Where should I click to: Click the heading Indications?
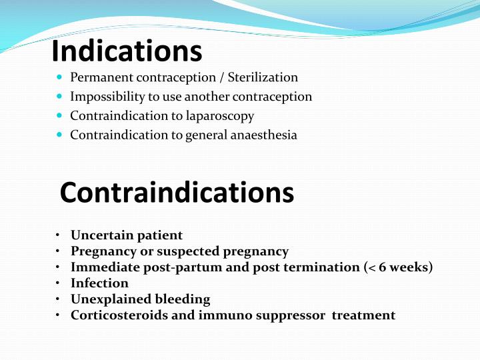coord(127,50)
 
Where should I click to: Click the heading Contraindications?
coord(177,192)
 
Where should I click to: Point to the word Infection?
coord(99,283)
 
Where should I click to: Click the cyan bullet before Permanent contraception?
coord(60,78)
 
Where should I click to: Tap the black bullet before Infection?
coord(59,283)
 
